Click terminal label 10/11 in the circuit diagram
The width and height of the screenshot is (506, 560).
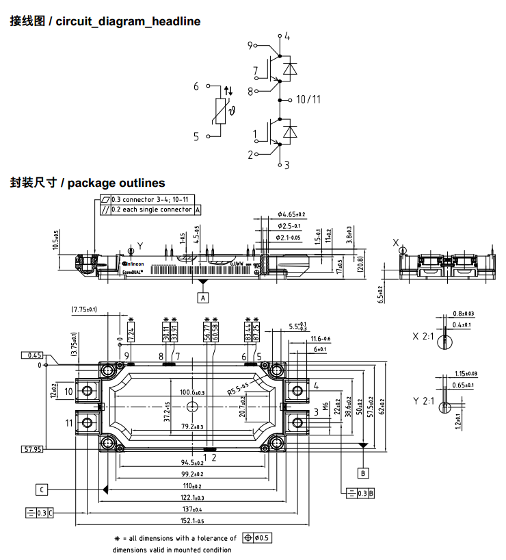click(x=308, y=100)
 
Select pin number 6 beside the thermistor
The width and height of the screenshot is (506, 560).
click(x=196, y=87)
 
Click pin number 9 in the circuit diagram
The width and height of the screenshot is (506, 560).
click(x=251, y=45)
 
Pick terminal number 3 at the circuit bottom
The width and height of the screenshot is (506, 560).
click(x=287, y=165)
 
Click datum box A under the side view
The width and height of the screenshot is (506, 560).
click(x=202, y=297)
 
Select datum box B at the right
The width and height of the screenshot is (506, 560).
click(x=363, y=472)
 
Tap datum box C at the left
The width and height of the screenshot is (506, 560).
click(x=42, y=489)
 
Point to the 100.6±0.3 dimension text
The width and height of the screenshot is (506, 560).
click(x=192, y=392)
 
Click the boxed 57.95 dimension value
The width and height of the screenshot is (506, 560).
click(x=33, y=449)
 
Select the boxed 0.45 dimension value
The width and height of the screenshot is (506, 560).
click(x=33, y=355)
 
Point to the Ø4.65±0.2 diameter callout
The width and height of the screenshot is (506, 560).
click(x=291, y=214)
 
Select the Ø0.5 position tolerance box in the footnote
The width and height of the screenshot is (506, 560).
click(x=258, y=538)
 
